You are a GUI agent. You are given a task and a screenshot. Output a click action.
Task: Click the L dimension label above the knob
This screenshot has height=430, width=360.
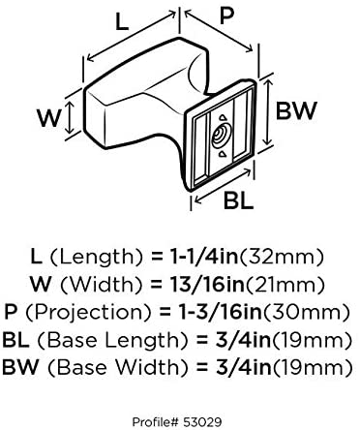(x=122, y=22)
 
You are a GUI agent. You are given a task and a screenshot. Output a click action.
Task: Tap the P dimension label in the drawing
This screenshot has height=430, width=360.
(x=226, y=15)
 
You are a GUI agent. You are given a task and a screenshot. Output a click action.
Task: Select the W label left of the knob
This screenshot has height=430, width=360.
(x=48, y=118)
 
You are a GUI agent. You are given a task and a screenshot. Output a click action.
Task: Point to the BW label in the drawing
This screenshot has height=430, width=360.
(x=296, y=110)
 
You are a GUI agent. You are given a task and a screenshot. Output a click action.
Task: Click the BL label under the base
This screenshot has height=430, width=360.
(x=238, y=200)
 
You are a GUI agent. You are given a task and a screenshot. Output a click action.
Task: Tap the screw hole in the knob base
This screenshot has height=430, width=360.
(x=221, y=136)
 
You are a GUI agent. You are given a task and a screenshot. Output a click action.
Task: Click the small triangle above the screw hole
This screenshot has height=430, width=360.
(x=223, y=118)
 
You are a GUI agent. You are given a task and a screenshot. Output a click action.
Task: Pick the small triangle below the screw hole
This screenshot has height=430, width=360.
(x=222, y=154)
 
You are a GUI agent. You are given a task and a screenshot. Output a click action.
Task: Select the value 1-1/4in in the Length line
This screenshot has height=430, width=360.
(x=203, y=257)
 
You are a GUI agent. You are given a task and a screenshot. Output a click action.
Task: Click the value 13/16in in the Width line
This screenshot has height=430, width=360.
(x=206, y=285)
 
